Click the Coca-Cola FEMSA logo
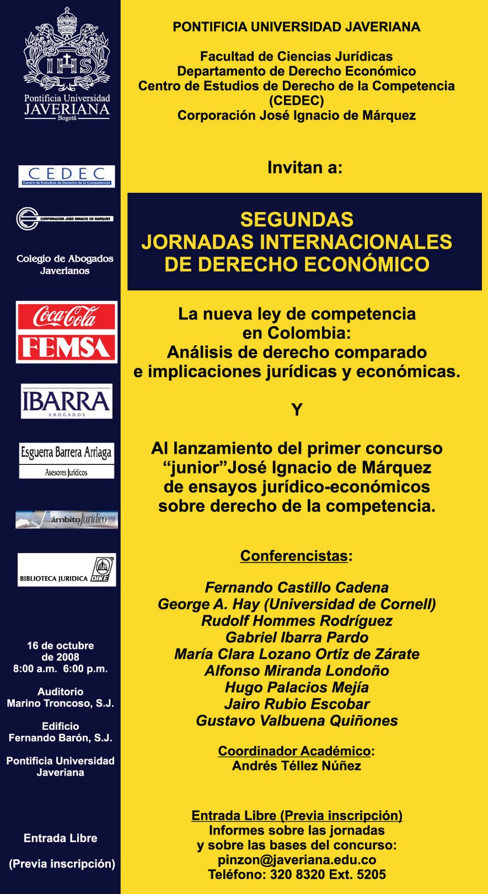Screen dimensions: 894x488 pos(67,332)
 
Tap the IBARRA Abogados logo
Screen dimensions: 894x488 pos(67,401)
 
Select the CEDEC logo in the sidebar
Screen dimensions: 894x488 pos(67,176)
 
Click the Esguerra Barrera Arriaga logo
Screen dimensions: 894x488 pos(67,460)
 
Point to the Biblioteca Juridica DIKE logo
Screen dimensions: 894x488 pos(67,570)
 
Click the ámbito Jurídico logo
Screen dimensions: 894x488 pos(67,520)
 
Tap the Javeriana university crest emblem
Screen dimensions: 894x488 pos(67,50)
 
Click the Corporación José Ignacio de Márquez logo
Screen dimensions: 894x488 pos(65,218)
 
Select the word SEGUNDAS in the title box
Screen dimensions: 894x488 pos(297,219)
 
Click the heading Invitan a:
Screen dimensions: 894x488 pos(305,167)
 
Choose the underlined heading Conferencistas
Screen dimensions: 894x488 pos(294,556)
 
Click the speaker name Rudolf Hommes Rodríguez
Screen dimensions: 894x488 pos(297,621)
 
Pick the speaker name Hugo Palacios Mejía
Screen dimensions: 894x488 pos(297,687)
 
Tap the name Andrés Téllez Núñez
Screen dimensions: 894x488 pos(297,765)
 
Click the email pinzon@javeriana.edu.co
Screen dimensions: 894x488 pos(297,860)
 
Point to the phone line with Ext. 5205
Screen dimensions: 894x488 pos(297,874)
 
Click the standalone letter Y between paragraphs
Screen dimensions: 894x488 pos(297,410)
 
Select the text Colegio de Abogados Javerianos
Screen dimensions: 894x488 pos(65,264)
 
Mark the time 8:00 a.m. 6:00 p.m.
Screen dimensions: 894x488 pos(60,669)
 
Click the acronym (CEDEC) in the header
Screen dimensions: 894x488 pos(297,101)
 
